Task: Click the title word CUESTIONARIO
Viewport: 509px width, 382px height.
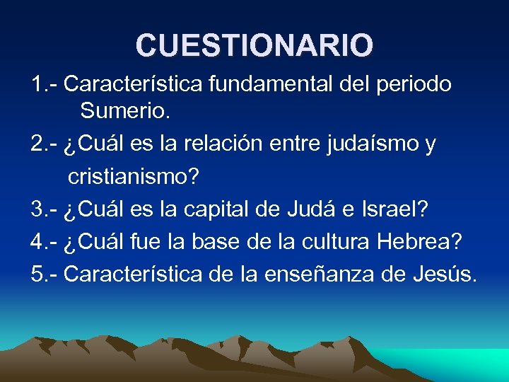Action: [x=255, y=45]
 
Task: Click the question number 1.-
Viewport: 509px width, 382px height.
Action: [x=45, y=84]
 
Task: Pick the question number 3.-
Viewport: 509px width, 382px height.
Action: [x=45, y=209]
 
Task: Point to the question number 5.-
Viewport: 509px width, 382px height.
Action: [x=45, y=274]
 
